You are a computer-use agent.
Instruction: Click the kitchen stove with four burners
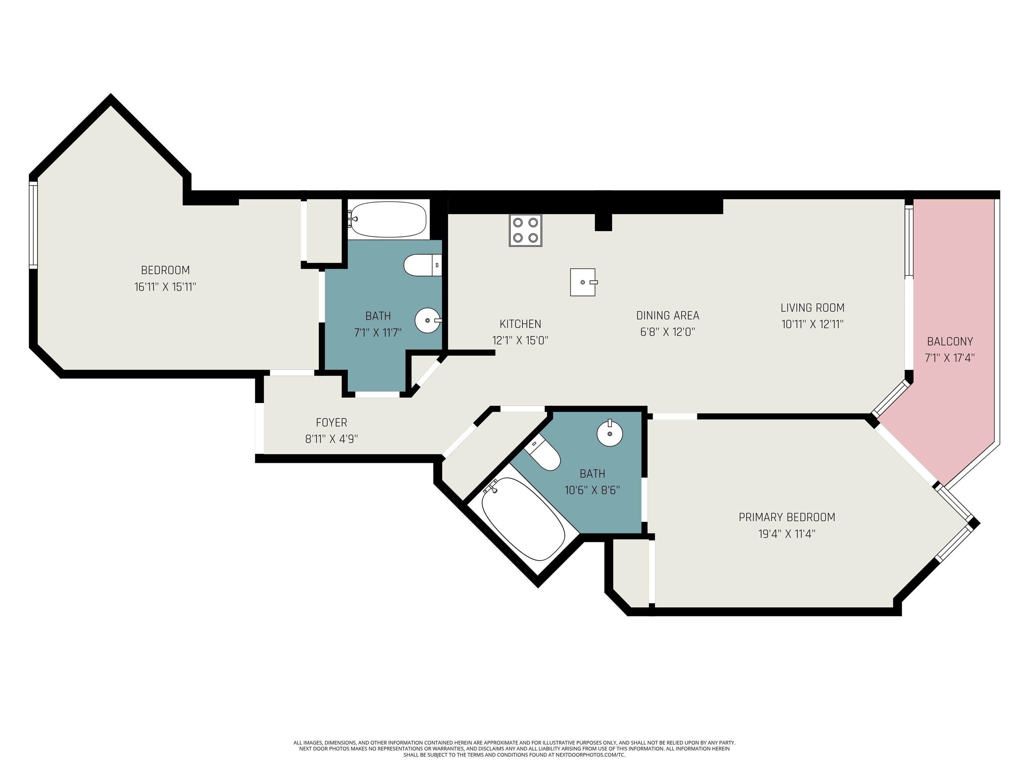(525, 230)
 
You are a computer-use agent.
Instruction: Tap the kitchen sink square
(583, 282)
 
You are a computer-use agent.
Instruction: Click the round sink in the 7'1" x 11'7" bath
(427, 321)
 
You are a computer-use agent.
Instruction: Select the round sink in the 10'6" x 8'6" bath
(610, 433)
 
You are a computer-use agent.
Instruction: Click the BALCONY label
(950, 341)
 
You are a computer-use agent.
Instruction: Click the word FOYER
(331, 423)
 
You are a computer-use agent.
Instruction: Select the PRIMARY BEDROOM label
(786, 517)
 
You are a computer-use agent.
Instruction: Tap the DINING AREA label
(668, 316)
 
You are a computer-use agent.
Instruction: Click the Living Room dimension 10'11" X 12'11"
(812, 324)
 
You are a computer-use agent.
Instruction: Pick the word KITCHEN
(520, 324)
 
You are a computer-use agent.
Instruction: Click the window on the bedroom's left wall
(33, 225)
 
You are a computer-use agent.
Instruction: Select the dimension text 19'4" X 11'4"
(786, 534)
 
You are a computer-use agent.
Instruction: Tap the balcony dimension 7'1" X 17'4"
(950, 358)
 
